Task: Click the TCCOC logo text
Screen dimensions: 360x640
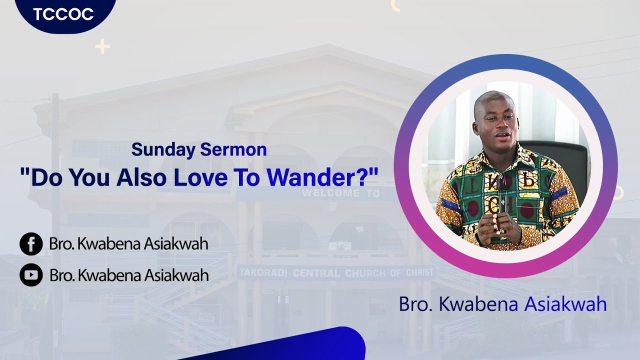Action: click(x=63, y=14)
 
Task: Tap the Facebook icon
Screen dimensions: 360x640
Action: click(x=31, y=244)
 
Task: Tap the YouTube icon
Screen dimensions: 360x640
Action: click(x=31, y=274)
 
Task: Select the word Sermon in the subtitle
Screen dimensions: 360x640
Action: click(x=233, y=149)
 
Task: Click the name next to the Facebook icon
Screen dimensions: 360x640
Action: click(x=128, y=244)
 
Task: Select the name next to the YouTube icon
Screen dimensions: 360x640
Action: click(x=129, y=274)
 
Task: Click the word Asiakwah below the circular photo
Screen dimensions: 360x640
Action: click(x=565, y=304)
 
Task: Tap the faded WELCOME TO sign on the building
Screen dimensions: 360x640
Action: click(x=340, y=193)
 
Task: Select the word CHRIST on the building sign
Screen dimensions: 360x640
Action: click(x=415, y=273)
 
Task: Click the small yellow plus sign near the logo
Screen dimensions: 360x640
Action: click(x=102, y=46)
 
